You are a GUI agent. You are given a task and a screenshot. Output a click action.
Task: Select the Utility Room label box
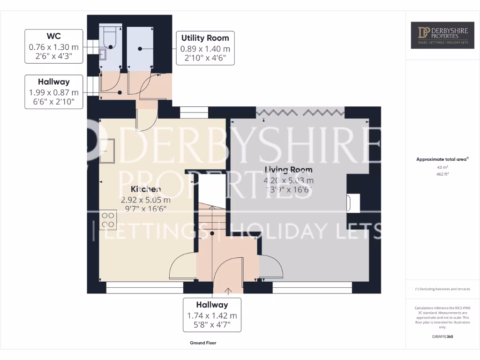205,48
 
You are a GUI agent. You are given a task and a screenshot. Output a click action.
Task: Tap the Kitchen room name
146,189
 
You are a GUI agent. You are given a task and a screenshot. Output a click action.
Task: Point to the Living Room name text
289,170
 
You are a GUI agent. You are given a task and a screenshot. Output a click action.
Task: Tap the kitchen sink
107,151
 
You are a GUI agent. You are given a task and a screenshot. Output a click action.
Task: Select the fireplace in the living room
352,203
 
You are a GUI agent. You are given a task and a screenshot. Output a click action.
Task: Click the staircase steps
211,217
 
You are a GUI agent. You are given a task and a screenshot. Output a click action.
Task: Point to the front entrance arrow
229,291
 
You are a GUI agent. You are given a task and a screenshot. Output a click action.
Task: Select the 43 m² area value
442,167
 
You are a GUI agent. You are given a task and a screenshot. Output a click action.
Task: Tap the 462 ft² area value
442,174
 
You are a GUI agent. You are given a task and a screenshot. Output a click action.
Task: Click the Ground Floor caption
203,343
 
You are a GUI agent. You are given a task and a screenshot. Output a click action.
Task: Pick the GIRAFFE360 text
442,336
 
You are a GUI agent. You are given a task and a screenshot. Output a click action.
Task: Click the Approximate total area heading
442,159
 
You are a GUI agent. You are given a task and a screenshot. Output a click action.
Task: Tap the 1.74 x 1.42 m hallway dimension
212,315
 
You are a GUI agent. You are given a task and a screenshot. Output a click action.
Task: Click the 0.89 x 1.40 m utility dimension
205,49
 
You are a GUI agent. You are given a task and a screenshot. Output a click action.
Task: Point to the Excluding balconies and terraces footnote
442,289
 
